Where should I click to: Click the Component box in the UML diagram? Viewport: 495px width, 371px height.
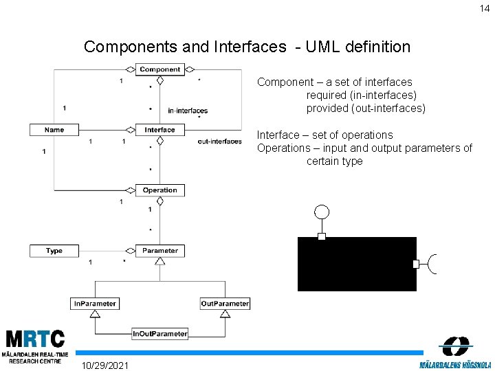coord(159,69)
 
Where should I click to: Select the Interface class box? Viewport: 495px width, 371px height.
coord(159,130)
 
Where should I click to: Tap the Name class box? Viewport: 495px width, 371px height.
coord(54,130)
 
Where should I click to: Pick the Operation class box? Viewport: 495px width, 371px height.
coord(159,190)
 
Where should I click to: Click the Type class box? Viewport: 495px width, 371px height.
coord(54,251)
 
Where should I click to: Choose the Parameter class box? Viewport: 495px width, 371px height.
coord(159,251)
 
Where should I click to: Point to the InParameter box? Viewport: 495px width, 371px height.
coord(95,304)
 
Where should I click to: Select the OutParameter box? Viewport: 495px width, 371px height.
coord(225,304)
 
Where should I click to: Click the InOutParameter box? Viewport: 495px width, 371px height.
coord(159,334)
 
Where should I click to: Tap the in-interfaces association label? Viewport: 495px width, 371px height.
coord(188,111)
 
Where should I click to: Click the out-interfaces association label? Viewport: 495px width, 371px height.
coord(219,142)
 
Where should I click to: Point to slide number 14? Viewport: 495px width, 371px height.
coord(485,8)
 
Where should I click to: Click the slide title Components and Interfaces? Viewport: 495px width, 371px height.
coord(247,47)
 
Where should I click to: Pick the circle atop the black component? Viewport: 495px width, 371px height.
coord(321,212)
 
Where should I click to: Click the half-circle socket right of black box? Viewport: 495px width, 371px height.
coord(432,264)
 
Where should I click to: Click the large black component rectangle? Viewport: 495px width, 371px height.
coord(357,264)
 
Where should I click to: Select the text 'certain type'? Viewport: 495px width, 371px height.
coord(334,161)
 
